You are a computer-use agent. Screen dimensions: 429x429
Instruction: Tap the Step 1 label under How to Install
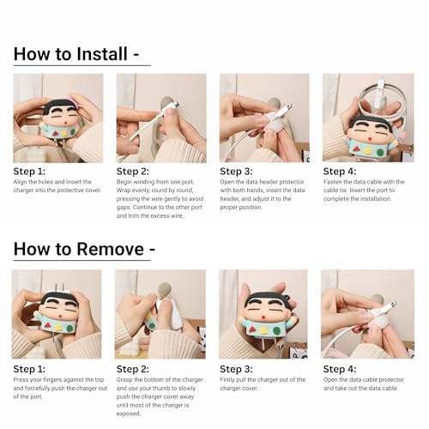29,172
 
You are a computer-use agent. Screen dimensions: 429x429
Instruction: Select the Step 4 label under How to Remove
340,369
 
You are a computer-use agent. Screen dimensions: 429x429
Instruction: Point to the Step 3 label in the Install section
236,172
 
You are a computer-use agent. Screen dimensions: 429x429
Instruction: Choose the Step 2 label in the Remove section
133,369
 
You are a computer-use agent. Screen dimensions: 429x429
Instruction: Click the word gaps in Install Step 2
124,208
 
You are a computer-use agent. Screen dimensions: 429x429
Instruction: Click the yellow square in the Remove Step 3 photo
263,331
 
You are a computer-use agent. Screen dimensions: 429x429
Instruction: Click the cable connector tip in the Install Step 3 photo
288,108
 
